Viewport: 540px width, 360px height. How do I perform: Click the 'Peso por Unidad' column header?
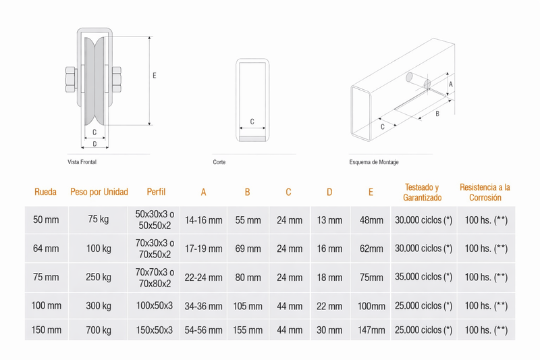pos(99,192)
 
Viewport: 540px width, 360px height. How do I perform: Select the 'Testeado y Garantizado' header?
pos(423,192)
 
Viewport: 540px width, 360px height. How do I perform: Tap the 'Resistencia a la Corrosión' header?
pos(485,192)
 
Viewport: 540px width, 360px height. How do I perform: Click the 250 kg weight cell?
pos(99,277)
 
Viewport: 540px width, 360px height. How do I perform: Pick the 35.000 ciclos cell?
pos(424,277)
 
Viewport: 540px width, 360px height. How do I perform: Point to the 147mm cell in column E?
pos(371,330)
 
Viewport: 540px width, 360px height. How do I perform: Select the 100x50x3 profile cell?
pos(155,305)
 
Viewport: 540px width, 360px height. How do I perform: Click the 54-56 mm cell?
pos(204,330)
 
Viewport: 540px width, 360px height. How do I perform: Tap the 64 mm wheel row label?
pos(46,249)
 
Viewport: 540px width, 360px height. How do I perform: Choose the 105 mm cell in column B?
pos(248,306)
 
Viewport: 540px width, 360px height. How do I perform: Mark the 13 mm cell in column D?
pos(329,220)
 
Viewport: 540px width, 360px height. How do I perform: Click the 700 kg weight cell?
pos(99,330)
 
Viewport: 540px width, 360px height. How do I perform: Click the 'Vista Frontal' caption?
pos(82,162)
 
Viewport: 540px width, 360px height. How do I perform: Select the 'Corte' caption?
pos(219,162)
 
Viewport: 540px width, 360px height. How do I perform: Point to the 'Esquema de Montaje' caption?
pos(374,162)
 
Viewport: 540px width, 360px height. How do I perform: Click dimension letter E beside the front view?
pos(155,76)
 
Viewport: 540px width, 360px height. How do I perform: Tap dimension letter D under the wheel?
pos(94,144)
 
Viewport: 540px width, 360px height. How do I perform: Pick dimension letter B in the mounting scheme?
pos(437,113)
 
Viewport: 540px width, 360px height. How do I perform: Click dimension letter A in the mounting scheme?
pos(451,84)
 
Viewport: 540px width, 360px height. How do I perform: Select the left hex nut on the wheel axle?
pos(72,80)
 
